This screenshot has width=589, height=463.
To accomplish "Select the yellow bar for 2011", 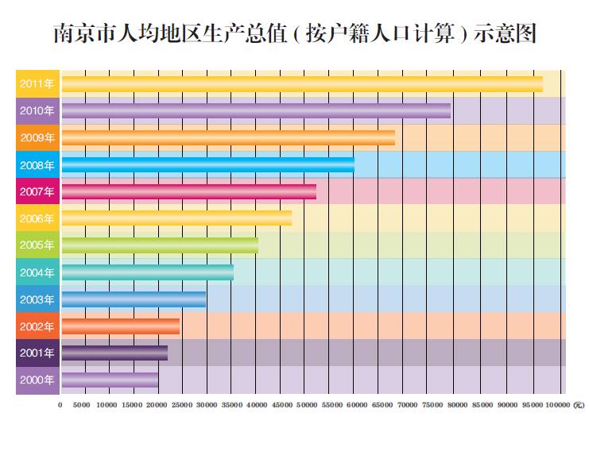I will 302,84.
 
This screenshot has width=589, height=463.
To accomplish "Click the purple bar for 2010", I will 256,111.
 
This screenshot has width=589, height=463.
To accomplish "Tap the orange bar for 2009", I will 228,138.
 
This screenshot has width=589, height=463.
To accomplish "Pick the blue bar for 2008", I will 207,165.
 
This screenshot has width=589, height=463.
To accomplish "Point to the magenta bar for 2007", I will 188,191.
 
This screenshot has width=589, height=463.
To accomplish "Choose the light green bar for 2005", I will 160,245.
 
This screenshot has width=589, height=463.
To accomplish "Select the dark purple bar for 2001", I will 114,353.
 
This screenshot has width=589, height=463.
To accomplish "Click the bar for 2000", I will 110,380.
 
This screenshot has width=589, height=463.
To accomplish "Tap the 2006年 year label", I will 37,218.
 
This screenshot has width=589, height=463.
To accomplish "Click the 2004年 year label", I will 37,272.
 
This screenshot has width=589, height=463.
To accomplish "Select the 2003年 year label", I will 37,299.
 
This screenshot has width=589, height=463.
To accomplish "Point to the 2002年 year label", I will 37,326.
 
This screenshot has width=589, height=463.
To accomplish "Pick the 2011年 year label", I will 37,84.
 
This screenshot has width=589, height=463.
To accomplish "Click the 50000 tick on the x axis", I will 306,405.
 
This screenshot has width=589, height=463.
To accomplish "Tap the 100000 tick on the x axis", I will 557,405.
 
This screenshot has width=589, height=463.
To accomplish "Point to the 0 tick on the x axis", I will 60,405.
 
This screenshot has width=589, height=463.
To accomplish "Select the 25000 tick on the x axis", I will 182,405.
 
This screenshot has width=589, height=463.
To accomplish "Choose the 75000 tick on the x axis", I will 432,405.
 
